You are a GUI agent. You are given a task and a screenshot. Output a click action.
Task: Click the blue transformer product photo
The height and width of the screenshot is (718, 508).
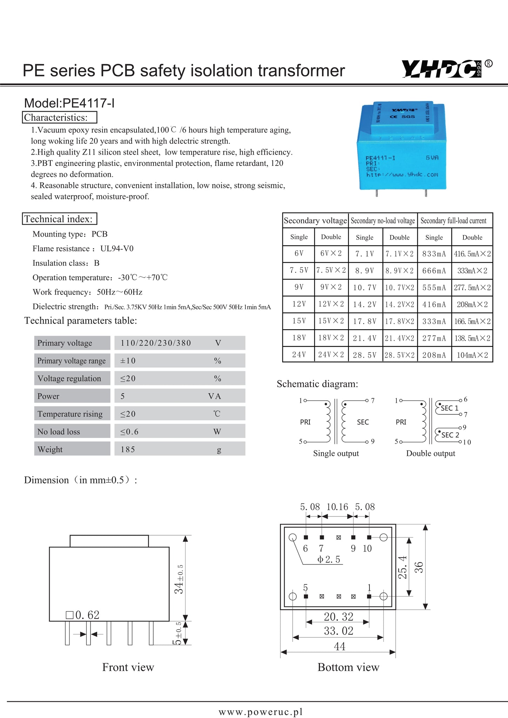tap(402, 147)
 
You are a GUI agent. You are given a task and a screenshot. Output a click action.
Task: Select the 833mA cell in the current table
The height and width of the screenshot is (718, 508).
tap(434, 254)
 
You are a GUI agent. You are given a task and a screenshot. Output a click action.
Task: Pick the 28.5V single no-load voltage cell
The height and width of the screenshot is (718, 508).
tap(365, 355)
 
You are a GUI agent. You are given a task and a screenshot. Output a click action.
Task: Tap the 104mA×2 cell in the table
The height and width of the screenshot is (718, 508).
tap(472, 355)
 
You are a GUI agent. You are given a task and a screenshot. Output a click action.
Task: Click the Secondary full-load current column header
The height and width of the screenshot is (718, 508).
tap(453, 221)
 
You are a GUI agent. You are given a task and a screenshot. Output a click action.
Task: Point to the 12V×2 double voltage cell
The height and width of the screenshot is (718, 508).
tap(331, 304)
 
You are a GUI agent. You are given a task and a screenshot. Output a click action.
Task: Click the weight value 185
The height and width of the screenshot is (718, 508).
tap(128, 449)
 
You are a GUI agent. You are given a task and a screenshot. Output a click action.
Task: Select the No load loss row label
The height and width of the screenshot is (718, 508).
tap(59, 432)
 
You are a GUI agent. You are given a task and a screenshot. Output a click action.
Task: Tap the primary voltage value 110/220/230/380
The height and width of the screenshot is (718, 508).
tap(156, 343)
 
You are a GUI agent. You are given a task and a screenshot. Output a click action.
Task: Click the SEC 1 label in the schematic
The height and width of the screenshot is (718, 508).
tap(449, 408)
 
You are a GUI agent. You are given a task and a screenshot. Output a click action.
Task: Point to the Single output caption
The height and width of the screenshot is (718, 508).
tap(336, 453)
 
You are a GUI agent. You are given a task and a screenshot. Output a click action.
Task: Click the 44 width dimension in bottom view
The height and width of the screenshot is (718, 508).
tap(339, 646)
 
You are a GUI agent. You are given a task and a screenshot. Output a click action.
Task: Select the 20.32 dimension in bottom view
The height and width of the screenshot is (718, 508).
tap(338, 617)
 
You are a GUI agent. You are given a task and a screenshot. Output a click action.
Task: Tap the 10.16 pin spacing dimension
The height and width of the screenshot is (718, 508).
tap(337, 507)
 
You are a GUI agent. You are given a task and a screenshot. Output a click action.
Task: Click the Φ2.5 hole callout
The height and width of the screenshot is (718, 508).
tap(329, 559)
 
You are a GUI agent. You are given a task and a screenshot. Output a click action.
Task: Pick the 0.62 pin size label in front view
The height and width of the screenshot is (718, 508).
tap(83, 615)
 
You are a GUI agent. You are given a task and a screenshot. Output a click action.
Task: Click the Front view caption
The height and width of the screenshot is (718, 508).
tap(128, 667)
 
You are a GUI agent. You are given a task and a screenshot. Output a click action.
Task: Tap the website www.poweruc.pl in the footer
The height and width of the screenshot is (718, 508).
tap(260, 712)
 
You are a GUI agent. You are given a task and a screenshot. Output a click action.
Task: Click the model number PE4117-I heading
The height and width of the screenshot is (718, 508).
tap(69, 103)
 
